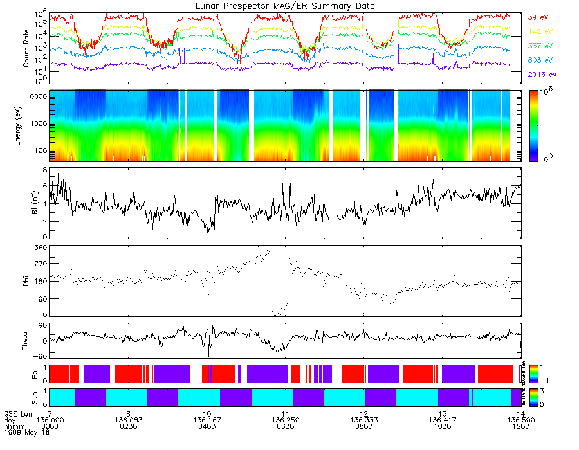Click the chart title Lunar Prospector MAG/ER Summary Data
tap(286, 6)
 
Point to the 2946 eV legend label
tap(540, 75)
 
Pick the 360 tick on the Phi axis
tap(41, 248)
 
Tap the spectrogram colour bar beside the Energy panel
tap(533, 125)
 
